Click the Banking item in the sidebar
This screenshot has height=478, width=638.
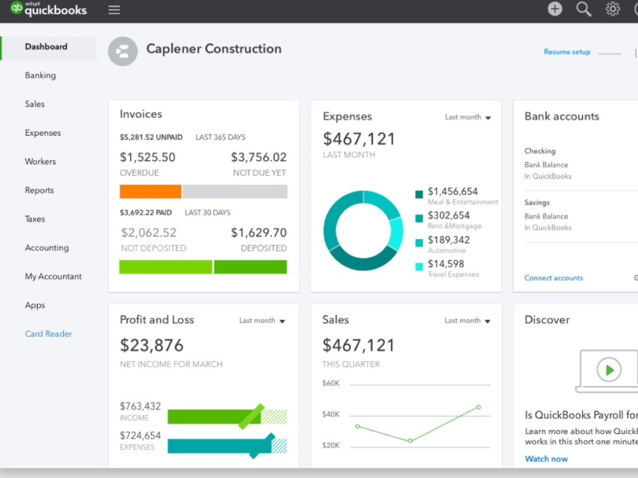[x=40, y=75]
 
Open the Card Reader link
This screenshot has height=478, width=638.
[x=48, y=334]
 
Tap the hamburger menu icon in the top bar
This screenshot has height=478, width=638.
[x=114, y=10]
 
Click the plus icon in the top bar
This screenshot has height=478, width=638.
[x=555, y=9]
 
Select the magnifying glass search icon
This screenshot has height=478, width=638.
[x=584, y=9]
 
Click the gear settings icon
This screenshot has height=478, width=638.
[x=612, y=9]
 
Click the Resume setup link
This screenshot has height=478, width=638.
[x=567, y=52]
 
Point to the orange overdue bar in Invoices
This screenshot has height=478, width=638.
[x=151, y=191]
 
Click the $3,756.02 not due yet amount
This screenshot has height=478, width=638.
[x=259, y=157]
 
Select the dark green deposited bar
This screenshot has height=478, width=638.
[x=250, y=267]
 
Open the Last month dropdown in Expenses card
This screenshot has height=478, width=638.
[x=468, y=117]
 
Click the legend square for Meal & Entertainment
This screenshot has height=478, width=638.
[x=419, y=194]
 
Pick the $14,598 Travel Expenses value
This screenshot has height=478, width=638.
[x=446, y=264]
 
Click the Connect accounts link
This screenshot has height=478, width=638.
[x=553, y=278]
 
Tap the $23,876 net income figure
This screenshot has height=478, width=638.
[x=152, y=345]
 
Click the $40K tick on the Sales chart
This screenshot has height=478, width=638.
[x=330, y=414]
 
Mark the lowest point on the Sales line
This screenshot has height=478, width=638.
[x=410, y=440]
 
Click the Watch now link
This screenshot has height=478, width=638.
[x=546, y=459]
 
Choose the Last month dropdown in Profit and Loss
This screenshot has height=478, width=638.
[x=262, y=321]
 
